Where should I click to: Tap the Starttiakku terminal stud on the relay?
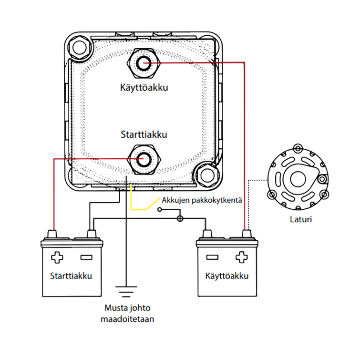coord(144,158)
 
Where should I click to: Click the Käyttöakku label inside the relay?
coord(144,88)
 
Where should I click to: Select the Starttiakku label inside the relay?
coord(144,134)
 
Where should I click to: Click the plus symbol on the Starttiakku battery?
coord(57,257)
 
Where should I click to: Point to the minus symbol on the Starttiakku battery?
coord(86,257)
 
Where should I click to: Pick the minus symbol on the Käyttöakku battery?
coord(213,257)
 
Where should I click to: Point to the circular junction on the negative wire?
coord(180,218)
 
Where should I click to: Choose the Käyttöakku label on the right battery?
coord(227,276)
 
